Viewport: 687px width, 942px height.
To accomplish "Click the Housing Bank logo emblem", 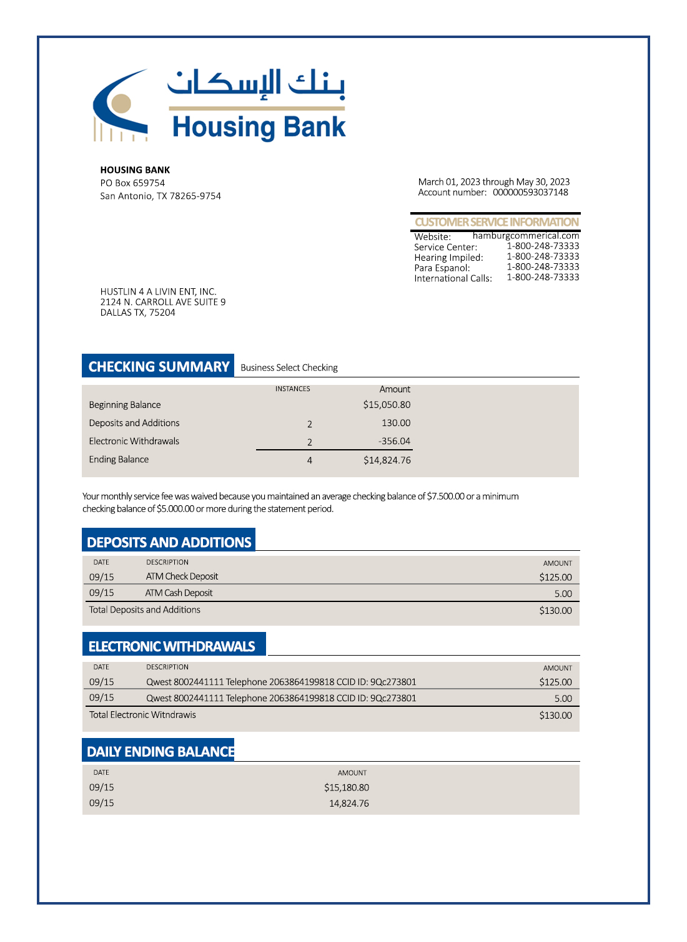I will coord(121,105).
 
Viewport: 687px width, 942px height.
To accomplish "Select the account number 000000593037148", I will coord(530,193).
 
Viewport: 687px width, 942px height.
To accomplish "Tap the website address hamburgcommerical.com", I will coord(526,236).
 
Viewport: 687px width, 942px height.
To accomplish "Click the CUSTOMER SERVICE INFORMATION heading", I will coord(497,222).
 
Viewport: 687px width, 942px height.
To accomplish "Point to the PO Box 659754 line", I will coord(132,183).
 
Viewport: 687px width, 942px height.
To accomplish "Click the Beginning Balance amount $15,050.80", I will coord(387,405).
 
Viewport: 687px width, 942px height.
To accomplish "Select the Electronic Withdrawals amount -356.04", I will coord(394,441).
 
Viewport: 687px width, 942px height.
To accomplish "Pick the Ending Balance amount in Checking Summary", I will coord(387,460).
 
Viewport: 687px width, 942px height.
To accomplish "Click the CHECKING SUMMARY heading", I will coord(159,367).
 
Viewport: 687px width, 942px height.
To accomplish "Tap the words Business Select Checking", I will coord(289,368).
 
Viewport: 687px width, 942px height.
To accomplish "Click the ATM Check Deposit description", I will coord(182,576).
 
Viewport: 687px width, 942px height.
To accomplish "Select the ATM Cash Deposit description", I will coord(179,593).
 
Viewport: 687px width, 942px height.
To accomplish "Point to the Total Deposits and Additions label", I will coord(145,609).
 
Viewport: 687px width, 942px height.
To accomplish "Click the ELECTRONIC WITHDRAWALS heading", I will coord(172,646).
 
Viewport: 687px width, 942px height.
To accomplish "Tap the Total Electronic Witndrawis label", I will coord(142,715).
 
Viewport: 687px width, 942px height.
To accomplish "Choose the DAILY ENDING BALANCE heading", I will coord(161,752).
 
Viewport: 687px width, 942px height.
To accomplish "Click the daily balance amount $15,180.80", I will coord(347,788).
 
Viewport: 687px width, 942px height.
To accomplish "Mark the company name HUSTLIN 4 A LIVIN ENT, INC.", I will coord(159,292).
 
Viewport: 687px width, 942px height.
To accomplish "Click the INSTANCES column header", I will coord(292,389).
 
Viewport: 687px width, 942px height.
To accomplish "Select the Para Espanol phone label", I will coord(442,268).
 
